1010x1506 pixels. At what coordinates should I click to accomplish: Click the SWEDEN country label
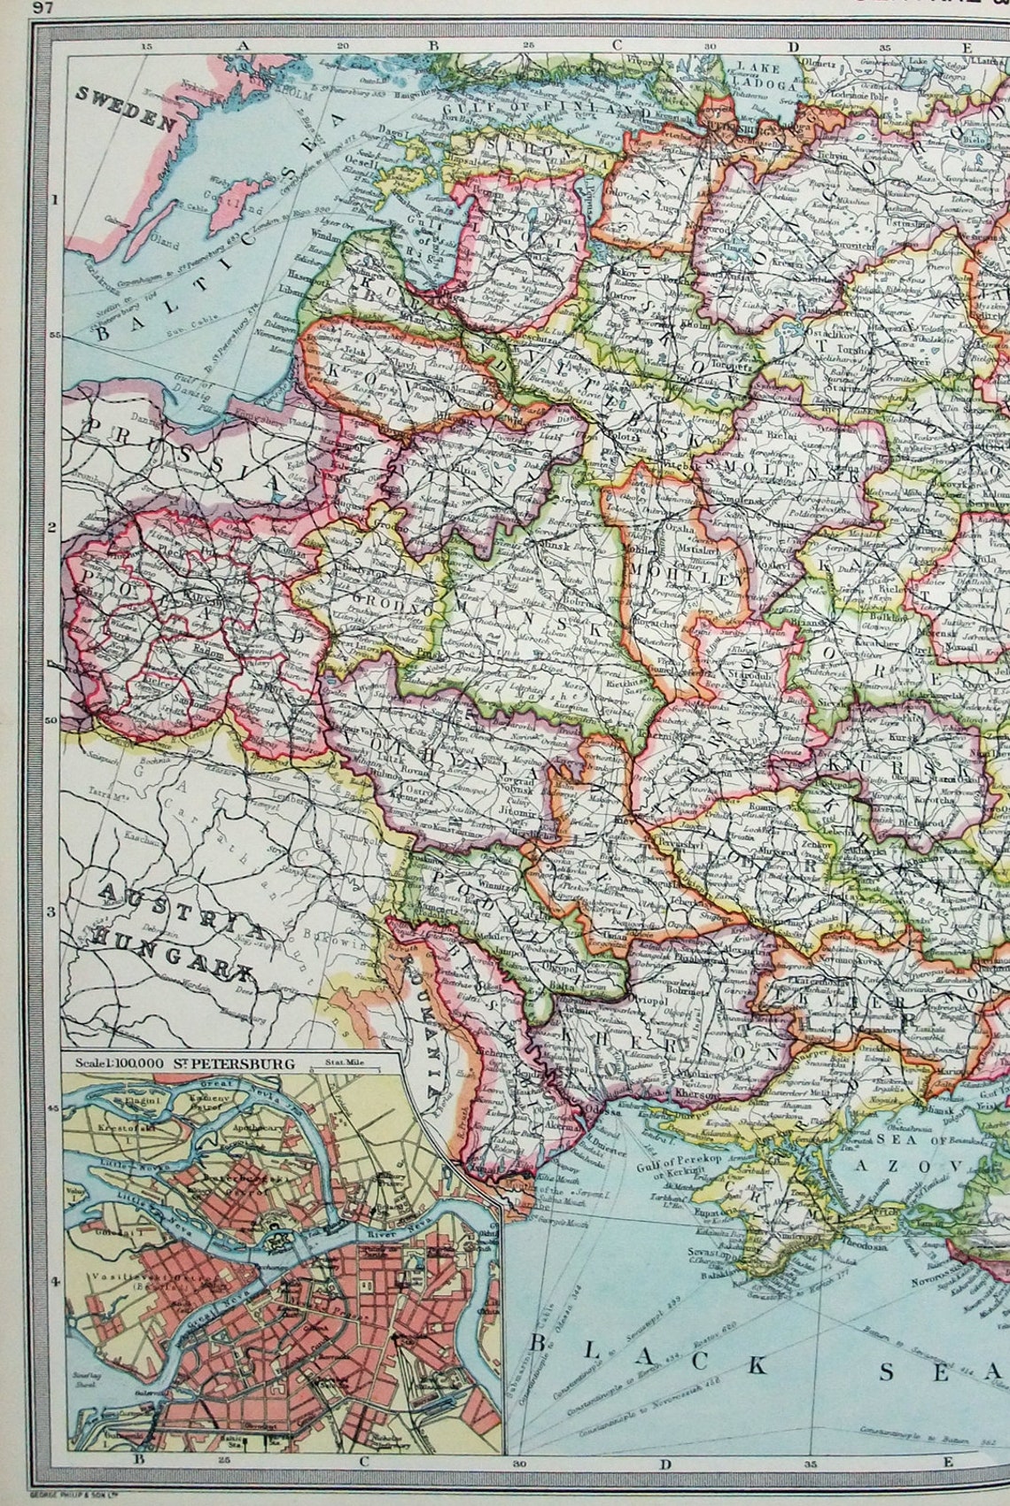[x=127, y=109]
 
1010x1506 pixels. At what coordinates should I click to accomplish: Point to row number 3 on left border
[x=52, y=911]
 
